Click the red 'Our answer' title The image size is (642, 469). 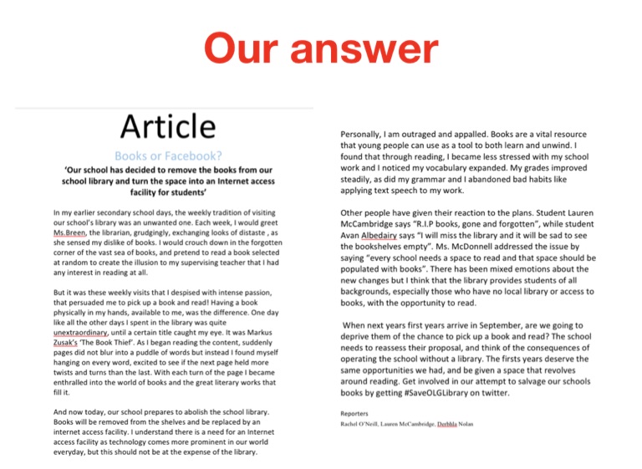point(321,50)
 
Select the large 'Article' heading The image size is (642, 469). point(167,127)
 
